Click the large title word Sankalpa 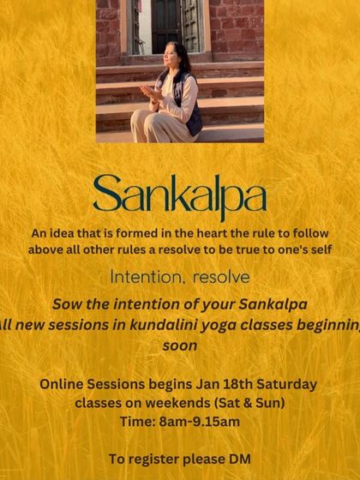pyautogui.click(x=179, y=196)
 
